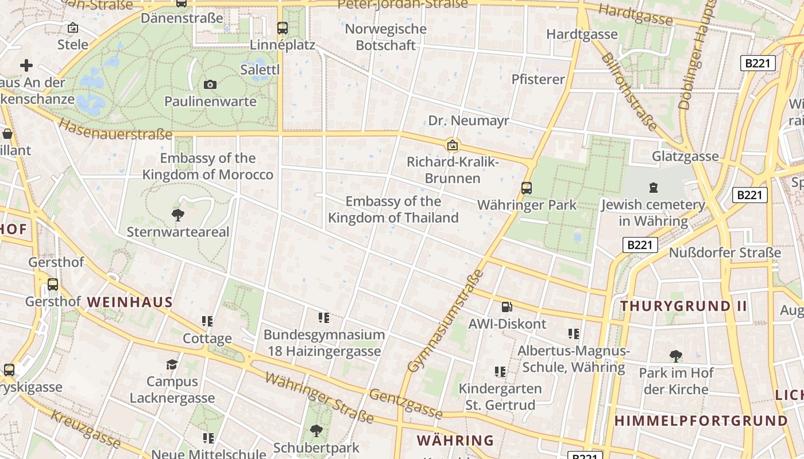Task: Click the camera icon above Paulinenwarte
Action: (210, 85)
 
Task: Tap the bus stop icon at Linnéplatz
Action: (282, 28)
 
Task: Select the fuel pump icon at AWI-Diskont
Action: (507, 308)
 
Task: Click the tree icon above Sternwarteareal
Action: (178, 215)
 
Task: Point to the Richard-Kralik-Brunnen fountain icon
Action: (453, 145)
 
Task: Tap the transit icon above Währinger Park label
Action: (526, 188)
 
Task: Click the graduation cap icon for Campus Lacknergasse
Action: (172, 365)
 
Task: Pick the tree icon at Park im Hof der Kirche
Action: (676, 356)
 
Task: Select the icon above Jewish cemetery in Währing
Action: (653, 188)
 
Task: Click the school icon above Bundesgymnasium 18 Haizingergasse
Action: (324, 318)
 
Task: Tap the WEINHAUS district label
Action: (130, 302)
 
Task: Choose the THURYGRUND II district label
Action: (683, 306)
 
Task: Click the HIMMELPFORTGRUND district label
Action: (701, 421)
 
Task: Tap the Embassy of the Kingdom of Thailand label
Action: (393, 209)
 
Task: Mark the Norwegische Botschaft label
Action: (385, 37)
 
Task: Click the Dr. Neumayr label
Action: (469, 120)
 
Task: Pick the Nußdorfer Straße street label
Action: (725, 252)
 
